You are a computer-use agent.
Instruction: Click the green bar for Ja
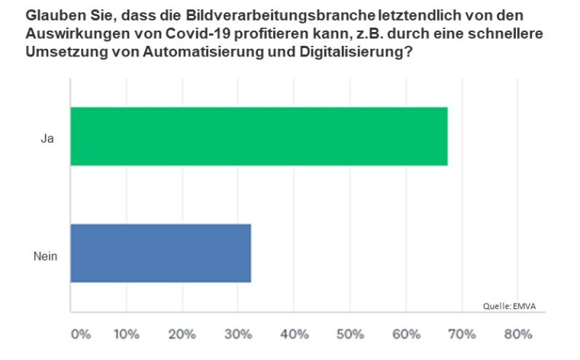(259, 137)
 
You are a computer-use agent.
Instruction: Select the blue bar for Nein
(160, 253)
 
